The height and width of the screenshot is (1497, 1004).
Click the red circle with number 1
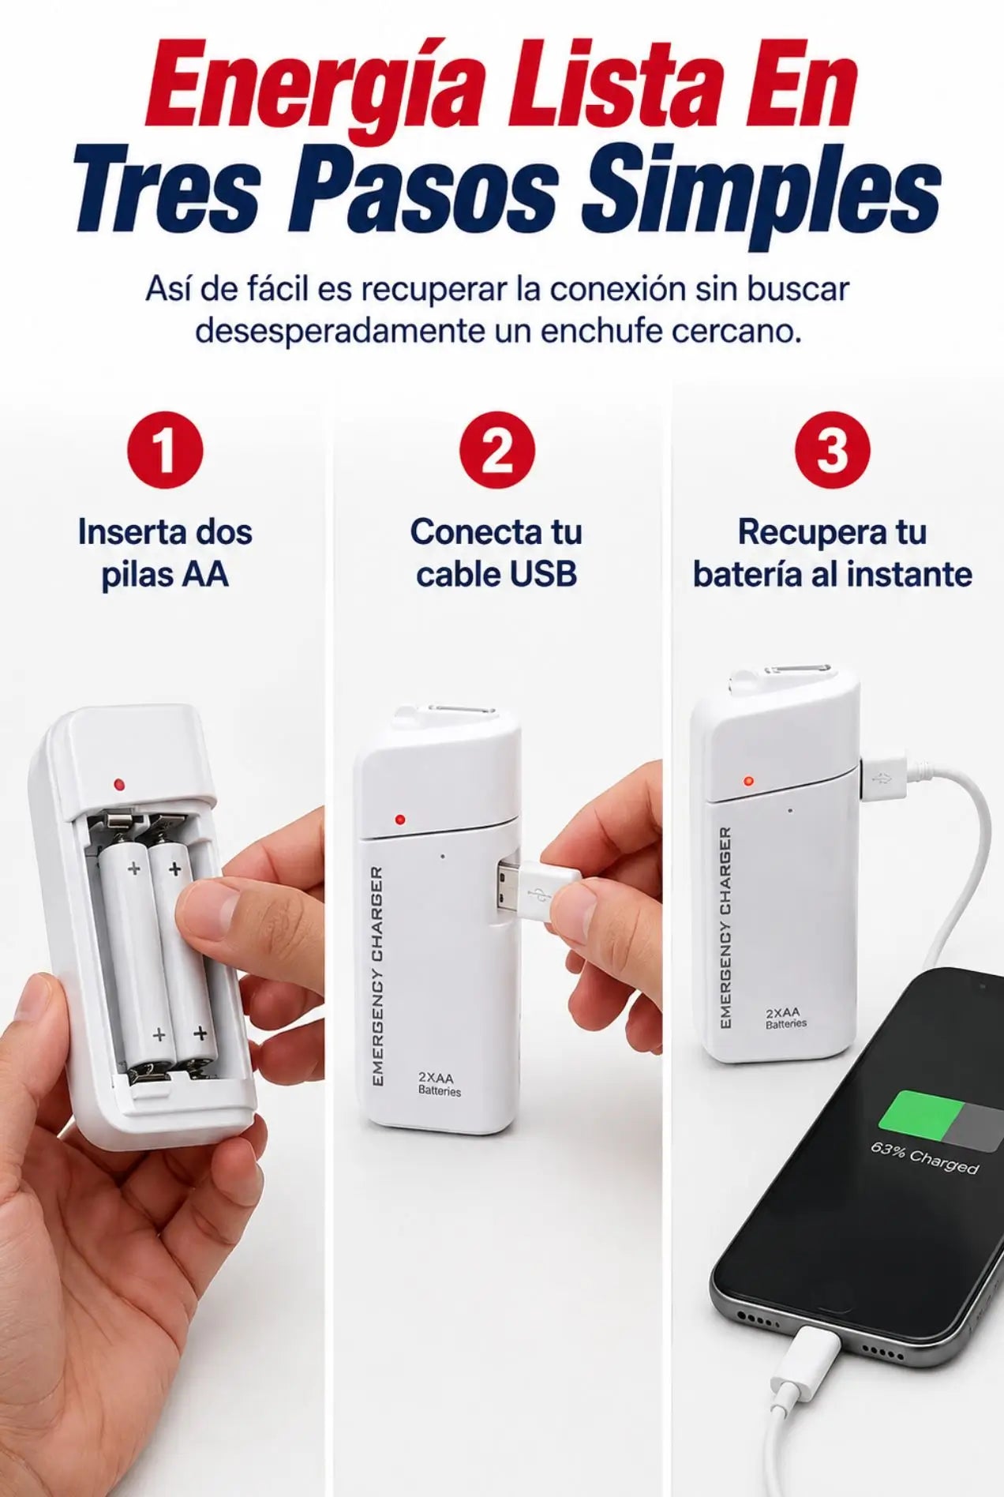pyautogui.click(x=165, y=450)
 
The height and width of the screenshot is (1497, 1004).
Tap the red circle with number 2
pyautogui.click(x=497, y=450)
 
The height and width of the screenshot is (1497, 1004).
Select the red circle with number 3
pyautogui.click(x=832, y=450)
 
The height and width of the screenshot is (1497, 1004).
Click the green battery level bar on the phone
pyautogui.click(x=920, y=1113)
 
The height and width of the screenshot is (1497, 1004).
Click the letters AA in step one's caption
pyautogui.click(x=204, y=574)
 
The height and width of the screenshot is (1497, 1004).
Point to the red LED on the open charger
pyautogui.click(x=119, y=785)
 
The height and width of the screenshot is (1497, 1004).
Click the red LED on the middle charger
pyautogui.click(x=400, y=820)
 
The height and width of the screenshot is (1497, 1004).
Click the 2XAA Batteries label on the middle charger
pyautogui.click(x=440, y=1083)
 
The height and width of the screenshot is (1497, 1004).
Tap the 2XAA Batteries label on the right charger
pyautogui.click(x=785, y=1017)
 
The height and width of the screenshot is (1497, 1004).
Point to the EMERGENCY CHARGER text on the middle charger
pyautogui.click(x=377, y=976)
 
